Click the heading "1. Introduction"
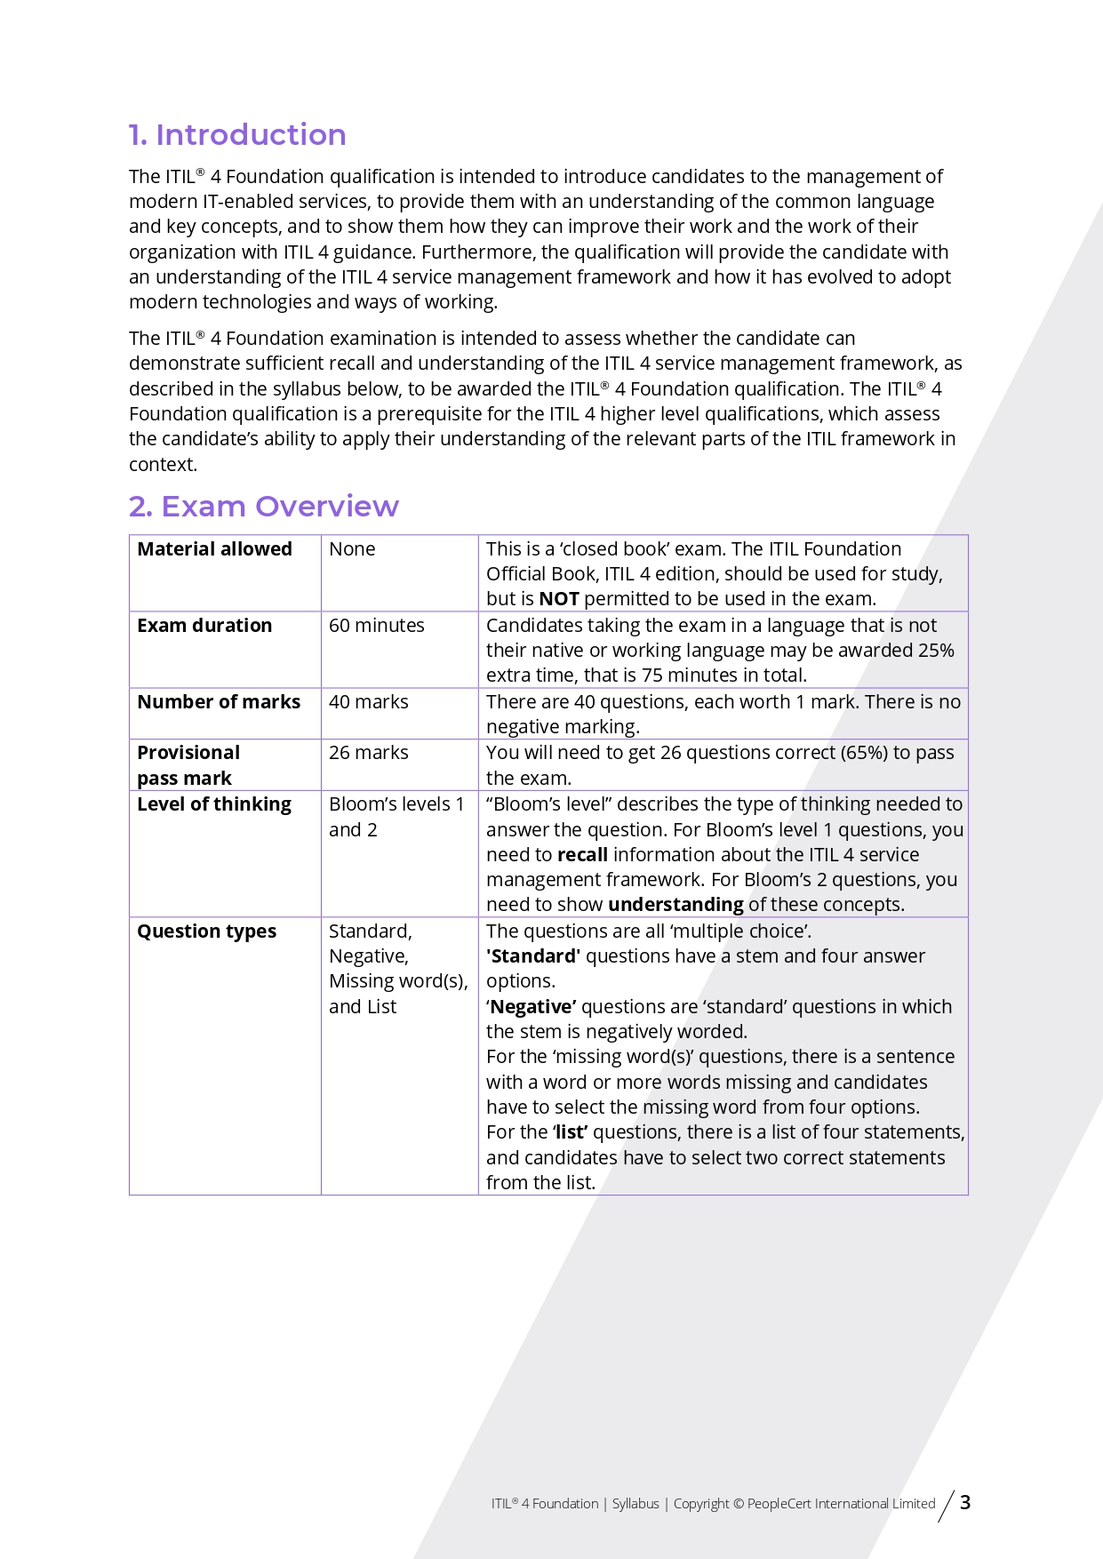tap(237, 135)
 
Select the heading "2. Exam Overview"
tap(263, 507)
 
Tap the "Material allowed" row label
tap(214, 549)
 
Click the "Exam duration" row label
tap(204, 626)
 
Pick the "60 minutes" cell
tap(376, 626)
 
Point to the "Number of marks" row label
tap(219, 702)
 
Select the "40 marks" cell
tap(368, 702)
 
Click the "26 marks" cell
tap(368, 753)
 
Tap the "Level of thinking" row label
tap(214, 804)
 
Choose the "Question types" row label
tap(206, 931)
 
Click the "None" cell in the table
tap(352, 549)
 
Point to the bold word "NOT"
tap(559, 599)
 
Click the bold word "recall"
tap(582, 855)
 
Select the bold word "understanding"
tap(675, 905)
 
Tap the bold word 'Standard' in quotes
tap(534, 956)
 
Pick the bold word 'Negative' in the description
tap(532, 1007)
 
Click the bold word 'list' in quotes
tap(571, 1132)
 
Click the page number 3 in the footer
tap(965, 1503)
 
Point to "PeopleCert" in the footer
tap(779, 1504)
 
